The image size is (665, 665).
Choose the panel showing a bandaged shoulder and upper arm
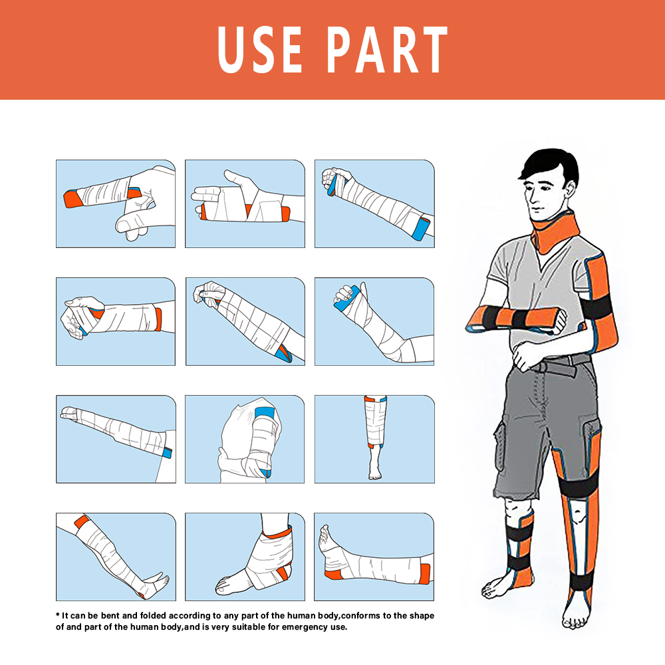(x=245, y=440)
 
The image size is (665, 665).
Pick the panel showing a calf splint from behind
(x=374, y=440)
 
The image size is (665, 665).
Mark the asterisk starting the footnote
(x=58, y=616)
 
